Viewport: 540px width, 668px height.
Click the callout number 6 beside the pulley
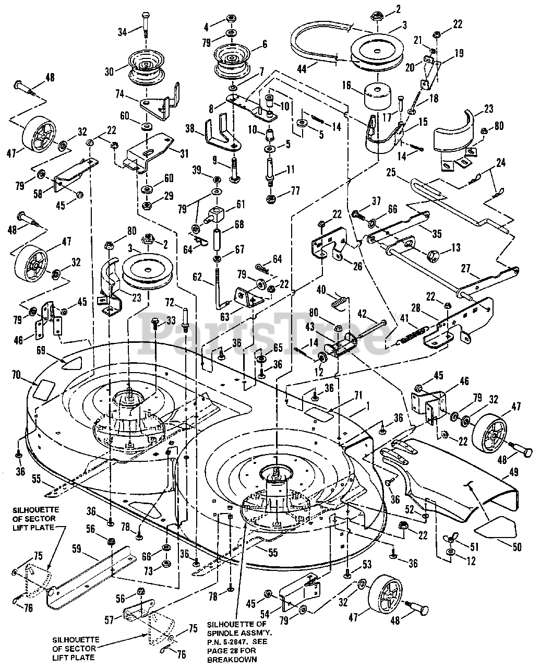click(265, 44)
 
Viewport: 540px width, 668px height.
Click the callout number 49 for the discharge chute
click(514, 473)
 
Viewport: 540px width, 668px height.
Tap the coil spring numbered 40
click(339, 303)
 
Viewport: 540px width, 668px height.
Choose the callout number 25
click(391, 173)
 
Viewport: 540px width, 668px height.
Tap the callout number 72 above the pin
click(170, 303)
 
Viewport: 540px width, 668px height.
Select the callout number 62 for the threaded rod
click(197, 277)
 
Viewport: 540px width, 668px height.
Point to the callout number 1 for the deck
click(367, 407)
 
